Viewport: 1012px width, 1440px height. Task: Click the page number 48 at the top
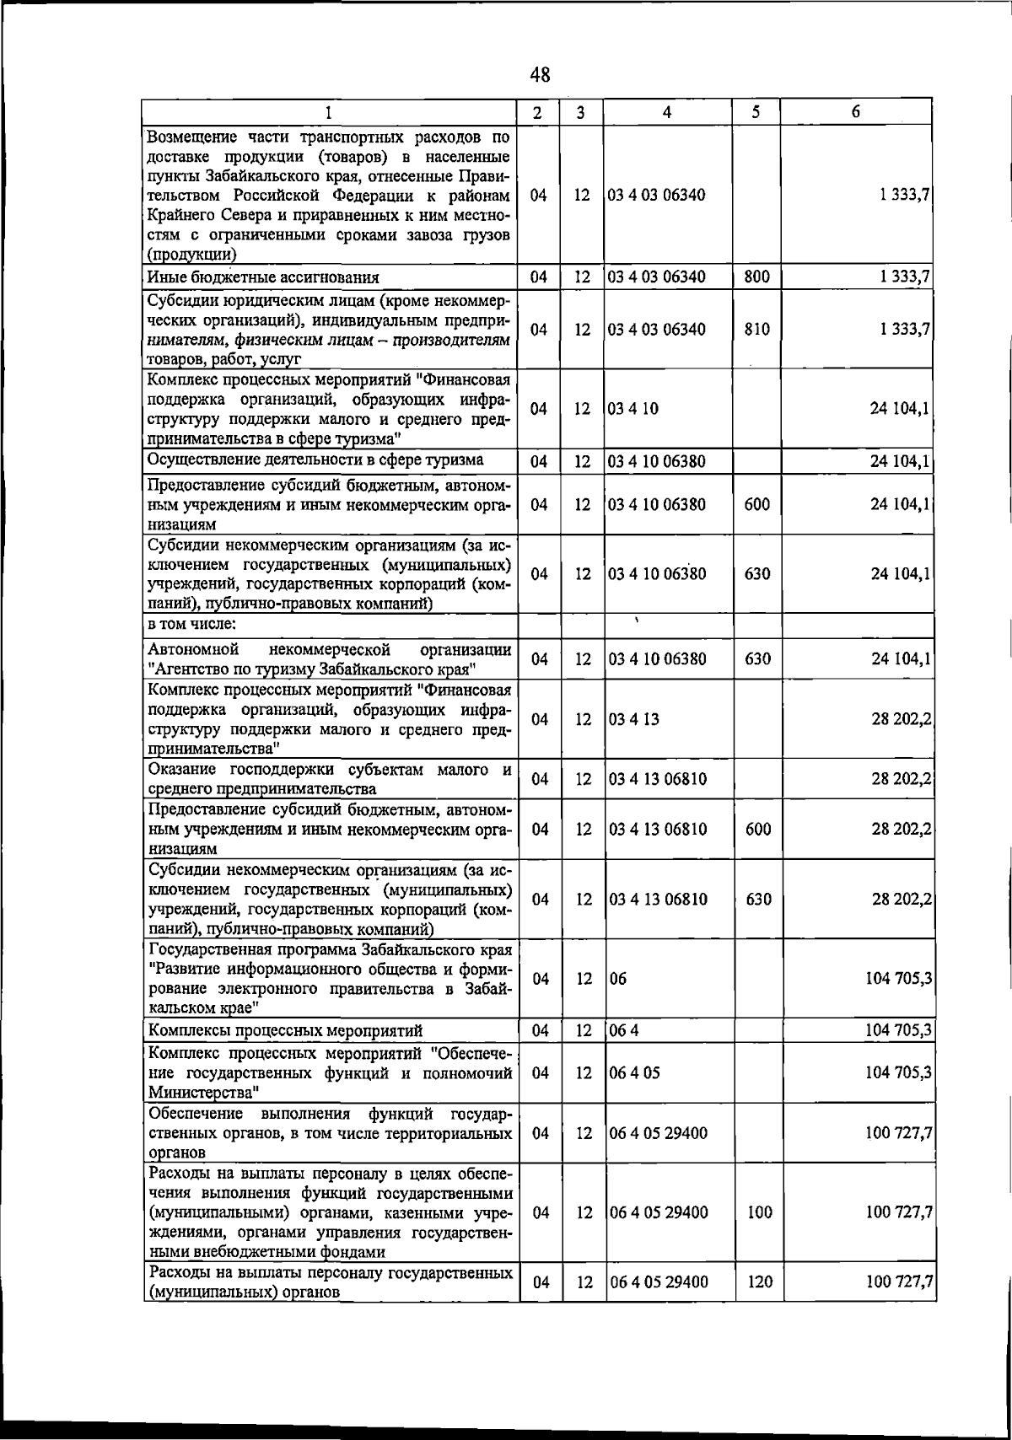(541, 75)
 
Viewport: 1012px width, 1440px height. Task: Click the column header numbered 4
(667, 112)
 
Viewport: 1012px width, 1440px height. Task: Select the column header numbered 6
(855, 112)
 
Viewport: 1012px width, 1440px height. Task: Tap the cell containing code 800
(756, 277)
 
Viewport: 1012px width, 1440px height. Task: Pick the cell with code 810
(756, 330)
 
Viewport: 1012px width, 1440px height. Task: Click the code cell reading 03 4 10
(634, 409)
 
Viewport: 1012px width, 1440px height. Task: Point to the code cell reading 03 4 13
(635, 719)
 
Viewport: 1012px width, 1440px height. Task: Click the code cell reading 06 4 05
(635, 1073)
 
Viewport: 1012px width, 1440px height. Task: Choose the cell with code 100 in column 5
(760, 1212)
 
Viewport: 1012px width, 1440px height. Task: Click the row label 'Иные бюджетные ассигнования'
(263, 277)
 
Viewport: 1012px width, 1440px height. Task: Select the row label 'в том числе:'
(191, 624)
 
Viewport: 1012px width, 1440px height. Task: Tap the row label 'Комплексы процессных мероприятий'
(285, 1030)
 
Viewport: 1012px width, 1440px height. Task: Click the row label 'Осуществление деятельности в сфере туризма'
(315, 459)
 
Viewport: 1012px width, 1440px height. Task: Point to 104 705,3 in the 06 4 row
(898, 1030)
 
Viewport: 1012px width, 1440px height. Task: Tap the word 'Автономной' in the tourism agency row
(193, 649)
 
